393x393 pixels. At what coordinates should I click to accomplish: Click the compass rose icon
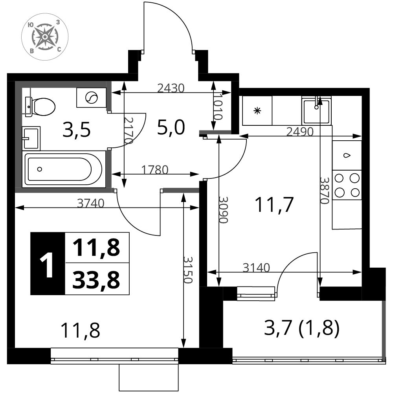[45, 37]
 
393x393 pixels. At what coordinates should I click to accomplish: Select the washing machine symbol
[91, 97]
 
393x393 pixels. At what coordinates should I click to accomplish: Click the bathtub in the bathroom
[64, 169]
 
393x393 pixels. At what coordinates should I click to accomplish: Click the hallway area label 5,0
[171, 127]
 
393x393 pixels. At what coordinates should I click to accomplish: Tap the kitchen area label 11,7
[274, 204]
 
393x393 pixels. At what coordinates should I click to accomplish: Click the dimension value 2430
[171, 88]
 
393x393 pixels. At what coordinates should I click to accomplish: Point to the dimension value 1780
[155, 170]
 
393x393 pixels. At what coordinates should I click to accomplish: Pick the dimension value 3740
[90, 203]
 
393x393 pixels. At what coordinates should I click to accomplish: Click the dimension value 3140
[256, 268]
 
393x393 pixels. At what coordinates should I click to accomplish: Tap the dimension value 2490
[300, 132]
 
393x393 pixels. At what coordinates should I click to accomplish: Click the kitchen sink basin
[316, 111]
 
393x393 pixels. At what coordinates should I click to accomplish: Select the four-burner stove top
[347, 185]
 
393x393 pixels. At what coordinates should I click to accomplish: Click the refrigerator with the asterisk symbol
[257, 110]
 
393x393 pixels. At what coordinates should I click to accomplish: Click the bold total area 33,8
[96, 279]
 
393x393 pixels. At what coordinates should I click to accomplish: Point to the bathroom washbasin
[31, 138]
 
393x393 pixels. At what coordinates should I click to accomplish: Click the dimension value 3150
[188, 270]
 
